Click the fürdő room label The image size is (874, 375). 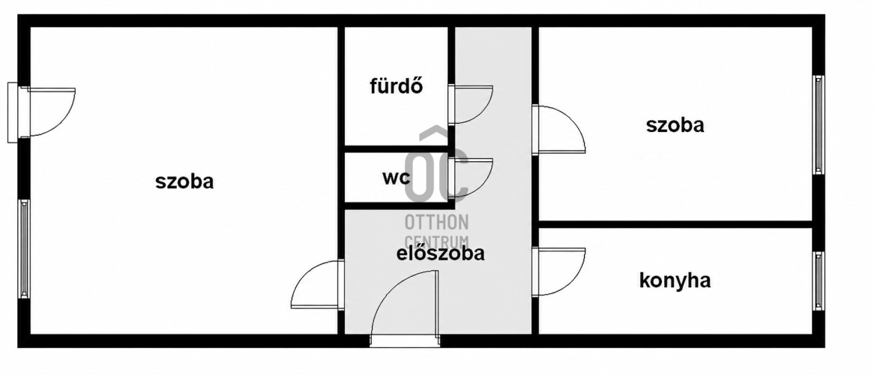click(397, 85)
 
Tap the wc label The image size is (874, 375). click(397, 178)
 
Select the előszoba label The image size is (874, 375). click(440, 253)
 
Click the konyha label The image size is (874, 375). click(675, 280)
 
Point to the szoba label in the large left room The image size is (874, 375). click(184, 181)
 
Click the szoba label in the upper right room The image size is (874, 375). click(675, 125)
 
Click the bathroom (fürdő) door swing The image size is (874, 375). click(471, 104)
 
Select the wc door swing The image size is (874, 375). click(471, 178)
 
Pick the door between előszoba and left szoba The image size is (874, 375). click(317, 284)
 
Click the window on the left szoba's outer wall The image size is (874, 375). click(24, 249)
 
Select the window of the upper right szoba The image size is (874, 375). click(819, 125)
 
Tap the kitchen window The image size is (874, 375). click(819, 281)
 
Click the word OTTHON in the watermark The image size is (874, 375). click(436, 222)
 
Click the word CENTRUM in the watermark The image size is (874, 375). click(436, 241)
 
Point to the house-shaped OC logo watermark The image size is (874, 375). click(436, 163)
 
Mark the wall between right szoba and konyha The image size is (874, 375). click(675, 224)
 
